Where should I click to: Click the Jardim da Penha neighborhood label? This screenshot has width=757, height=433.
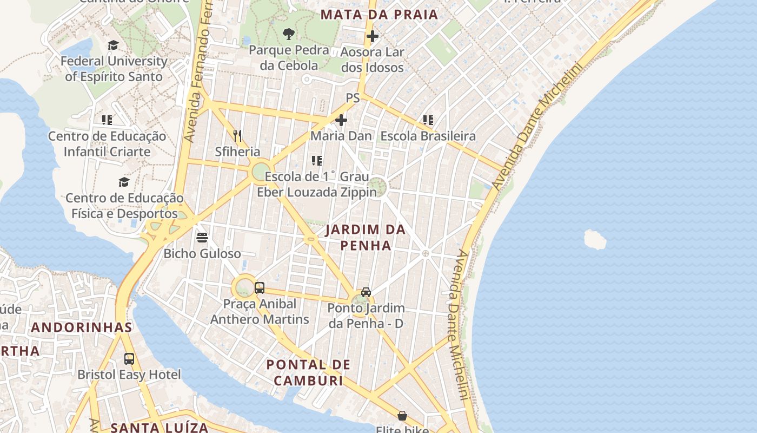point(366,237)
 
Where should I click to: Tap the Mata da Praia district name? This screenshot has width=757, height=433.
point(379,15)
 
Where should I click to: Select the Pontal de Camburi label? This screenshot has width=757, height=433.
point(309,372)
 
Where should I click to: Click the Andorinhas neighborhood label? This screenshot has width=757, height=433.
point(82,327)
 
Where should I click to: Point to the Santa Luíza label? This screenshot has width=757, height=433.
point(160,427)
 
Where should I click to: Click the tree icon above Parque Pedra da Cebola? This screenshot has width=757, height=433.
point(289,34)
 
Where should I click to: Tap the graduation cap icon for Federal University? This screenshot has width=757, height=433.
point(113,45)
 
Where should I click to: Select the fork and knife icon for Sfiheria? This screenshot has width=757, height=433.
point(237,135)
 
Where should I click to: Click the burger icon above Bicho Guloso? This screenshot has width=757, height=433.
point(202,237)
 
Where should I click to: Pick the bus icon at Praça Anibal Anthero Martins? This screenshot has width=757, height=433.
point(260,287)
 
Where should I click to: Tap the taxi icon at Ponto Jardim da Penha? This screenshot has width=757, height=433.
point(366,292)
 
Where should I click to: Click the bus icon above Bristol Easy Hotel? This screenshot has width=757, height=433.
point(129,358)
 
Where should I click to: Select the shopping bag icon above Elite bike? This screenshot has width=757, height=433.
point(402,416)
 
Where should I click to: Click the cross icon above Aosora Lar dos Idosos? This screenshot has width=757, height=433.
point(373,36)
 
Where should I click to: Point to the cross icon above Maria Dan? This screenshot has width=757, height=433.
point(341,120)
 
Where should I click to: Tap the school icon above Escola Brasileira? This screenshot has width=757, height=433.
point(428,120)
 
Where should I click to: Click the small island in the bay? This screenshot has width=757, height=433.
point(595,239)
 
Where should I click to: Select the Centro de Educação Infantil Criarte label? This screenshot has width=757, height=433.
point(107,144)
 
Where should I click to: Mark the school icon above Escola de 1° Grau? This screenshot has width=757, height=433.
point(317,160)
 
